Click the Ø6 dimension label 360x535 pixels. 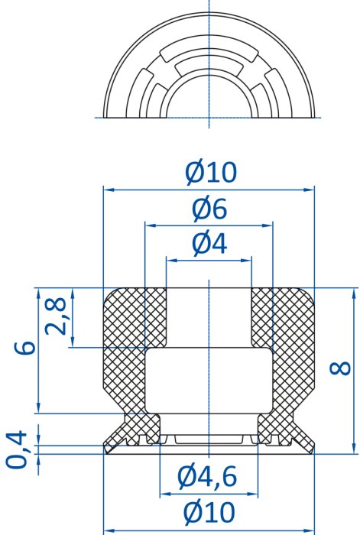(209, 209)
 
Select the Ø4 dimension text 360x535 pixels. (209, 244)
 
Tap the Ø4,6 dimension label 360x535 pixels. (207, 476)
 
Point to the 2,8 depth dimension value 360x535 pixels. (56, 316)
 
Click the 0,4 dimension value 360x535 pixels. (16, 449)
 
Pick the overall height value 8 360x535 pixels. (340, 368)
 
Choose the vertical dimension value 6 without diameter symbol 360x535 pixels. (24, 347)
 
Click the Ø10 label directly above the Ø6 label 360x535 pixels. (210, 172)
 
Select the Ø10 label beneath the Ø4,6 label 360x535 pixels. (209, 513)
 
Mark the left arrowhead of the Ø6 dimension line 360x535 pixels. (150, 225)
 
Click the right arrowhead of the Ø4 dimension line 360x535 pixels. (246, 261)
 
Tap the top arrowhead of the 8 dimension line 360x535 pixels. (354, 293)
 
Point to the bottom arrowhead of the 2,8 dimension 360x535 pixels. (73, 342)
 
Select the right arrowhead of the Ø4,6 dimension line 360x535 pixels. (252, 494)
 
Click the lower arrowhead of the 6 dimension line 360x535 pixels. (38, 408)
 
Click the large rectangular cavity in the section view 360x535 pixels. (209, 380)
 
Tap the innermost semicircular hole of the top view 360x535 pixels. (209, 99)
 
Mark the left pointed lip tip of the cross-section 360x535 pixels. (105, 445)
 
